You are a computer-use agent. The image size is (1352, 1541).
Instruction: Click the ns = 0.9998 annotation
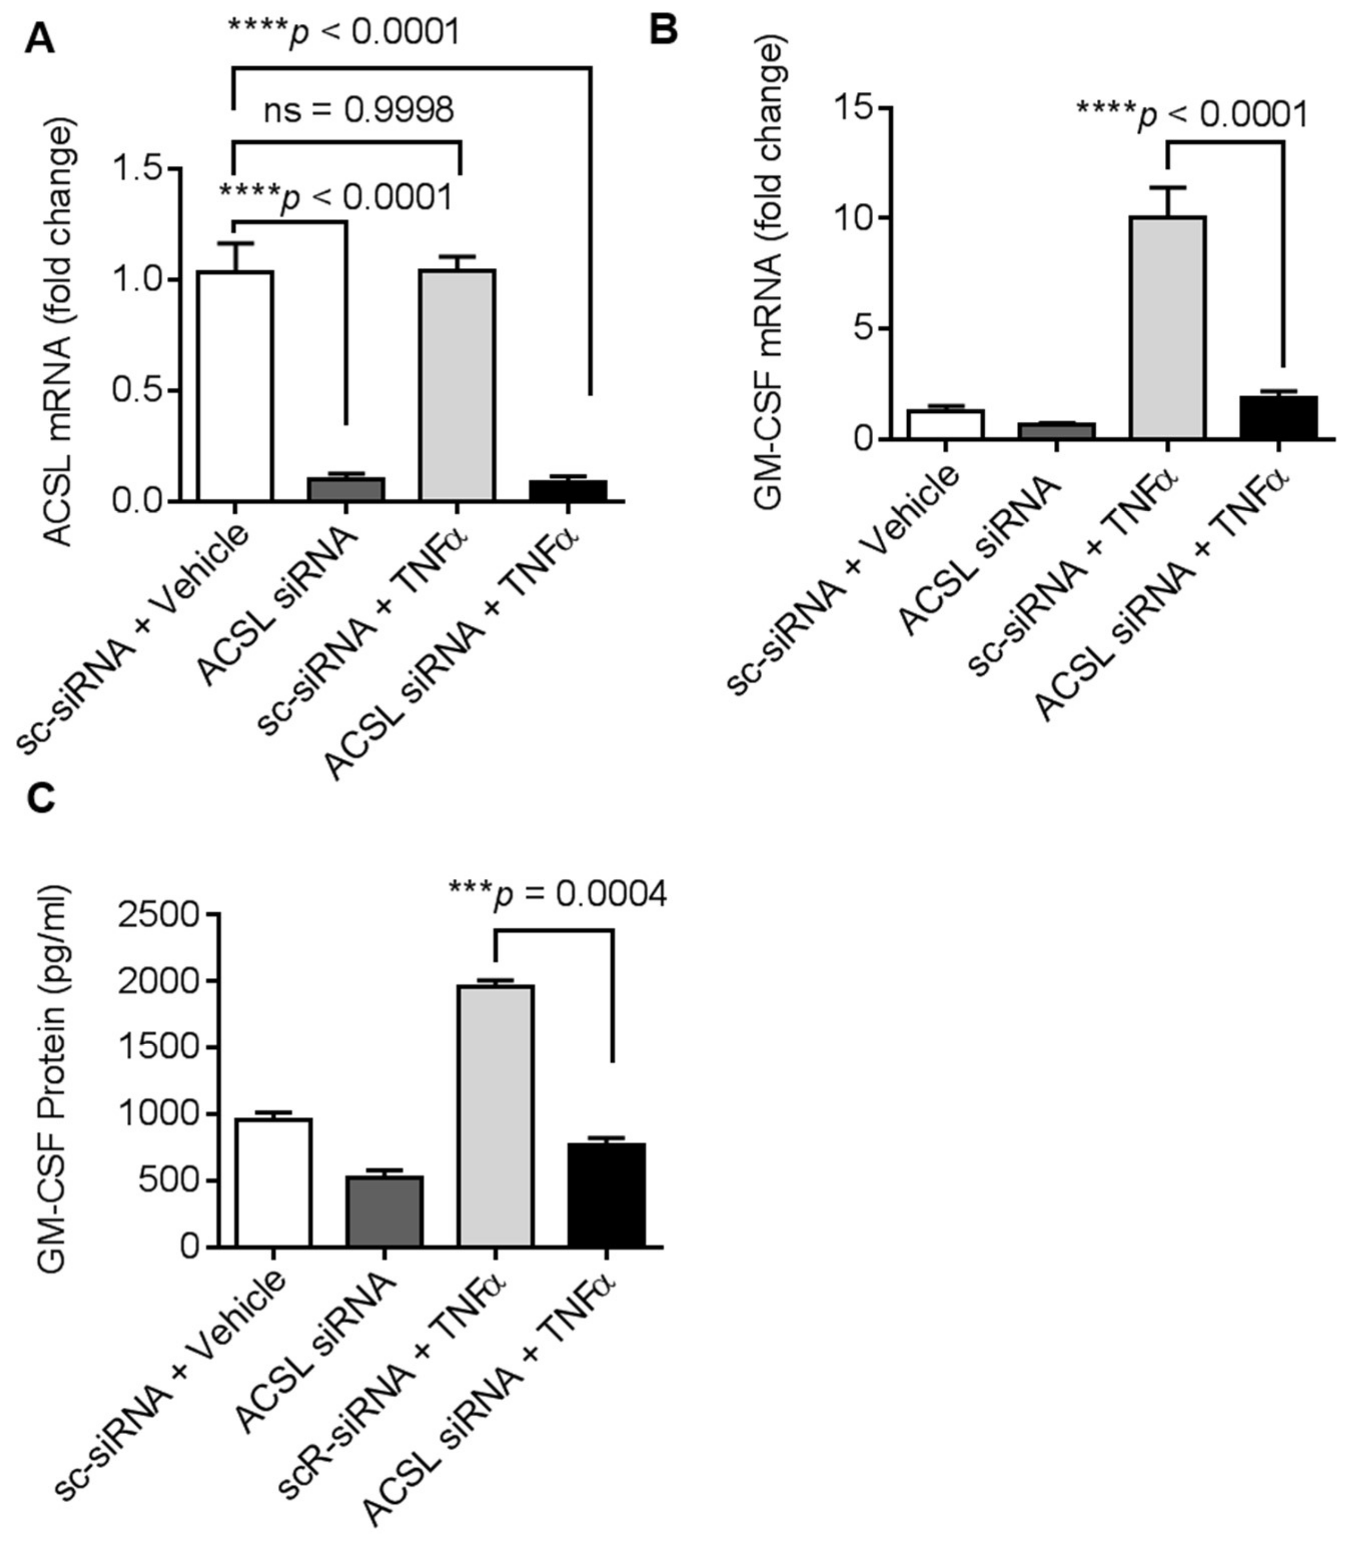coord(358,111)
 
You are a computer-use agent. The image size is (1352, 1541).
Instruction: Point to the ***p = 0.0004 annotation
coord(557,894)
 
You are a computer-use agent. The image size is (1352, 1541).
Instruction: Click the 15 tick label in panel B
coord(852,108)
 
